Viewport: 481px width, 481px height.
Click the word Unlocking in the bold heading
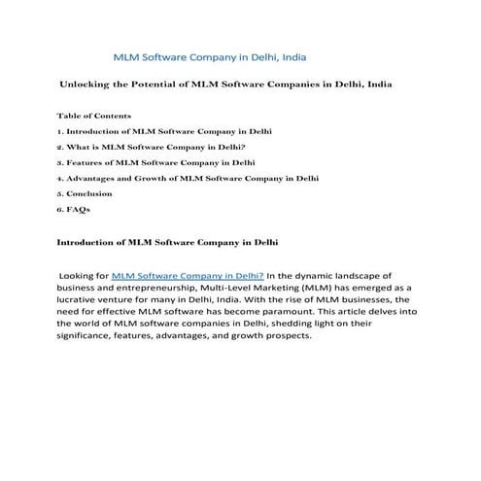[89, 86]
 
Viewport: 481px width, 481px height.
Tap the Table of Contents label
[94, 116]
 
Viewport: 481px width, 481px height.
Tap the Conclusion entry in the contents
[87, 193]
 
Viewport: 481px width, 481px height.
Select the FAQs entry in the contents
[77, 209]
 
